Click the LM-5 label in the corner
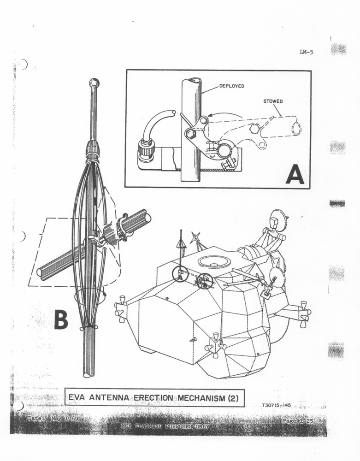306,52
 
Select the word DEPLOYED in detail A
231,86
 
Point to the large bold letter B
61,319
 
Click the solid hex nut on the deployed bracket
190,134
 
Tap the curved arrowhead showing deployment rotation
210,118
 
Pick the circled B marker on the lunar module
203,280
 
